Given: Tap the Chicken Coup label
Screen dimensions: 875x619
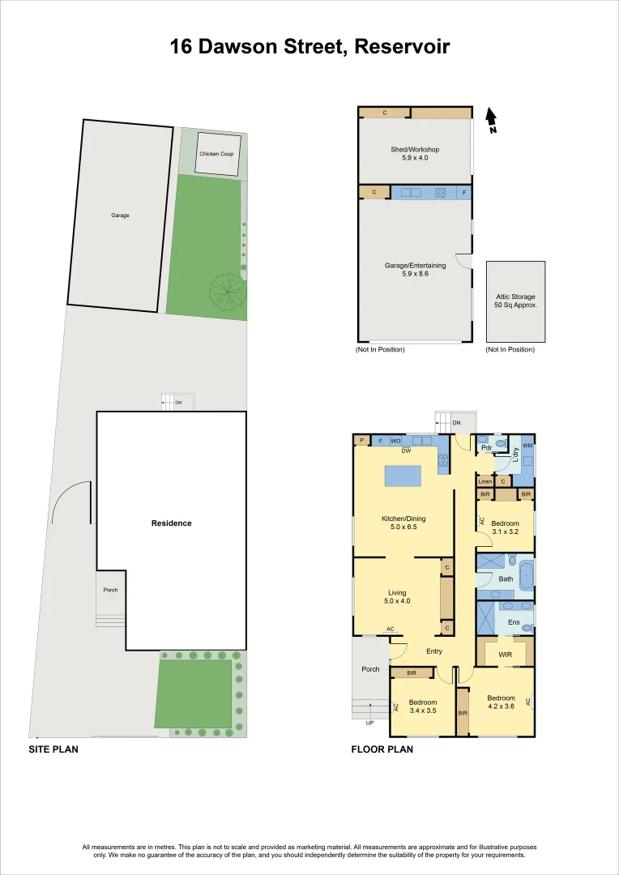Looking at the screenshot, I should pyautogui.click(x=216, y=154).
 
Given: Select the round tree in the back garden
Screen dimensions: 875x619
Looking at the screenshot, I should pyautogui.click(x=227, y=290).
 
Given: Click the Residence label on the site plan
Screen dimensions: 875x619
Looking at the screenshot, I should pyautogui.click(x=172, y=523).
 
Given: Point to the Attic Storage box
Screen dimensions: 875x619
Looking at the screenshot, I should pyautogui.click(x=515, y=301).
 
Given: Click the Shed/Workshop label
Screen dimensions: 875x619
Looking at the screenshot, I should pyautogui.click(x=415, y=149).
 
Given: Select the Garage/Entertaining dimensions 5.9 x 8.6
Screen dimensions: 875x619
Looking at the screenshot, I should pyautogui.click(x=415, y=274).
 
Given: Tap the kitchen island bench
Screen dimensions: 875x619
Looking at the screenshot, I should pyautogui.click(x=403, y=476).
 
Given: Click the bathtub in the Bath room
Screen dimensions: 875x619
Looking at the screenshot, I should pyautogui.click(x=526, y=575).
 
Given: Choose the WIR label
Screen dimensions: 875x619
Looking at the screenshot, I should pyautogui.click(x=504, y=654).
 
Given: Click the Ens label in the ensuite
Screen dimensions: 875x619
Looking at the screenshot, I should pyautogui.click(x=514, y=622).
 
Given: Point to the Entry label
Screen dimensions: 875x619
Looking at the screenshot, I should pyautogui.click(x=434, y=651).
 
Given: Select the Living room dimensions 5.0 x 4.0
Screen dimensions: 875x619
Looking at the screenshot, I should pyautogui.click(x=396, y=602).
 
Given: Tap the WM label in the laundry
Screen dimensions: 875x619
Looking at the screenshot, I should pyautogui.click(x=527, y=446).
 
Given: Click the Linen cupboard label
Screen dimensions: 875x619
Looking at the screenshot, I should pyautogui.click(x=485, y=481).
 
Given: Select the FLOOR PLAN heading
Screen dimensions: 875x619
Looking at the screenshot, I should pyautogui.click(x=382, y=749).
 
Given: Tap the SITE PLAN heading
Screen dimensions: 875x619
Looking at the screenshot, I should pyautogui.click(x=53, y=749).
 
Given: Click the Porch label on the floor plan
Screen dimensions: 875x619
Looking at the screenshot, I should pyautogui.click(x=370, y=669).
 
